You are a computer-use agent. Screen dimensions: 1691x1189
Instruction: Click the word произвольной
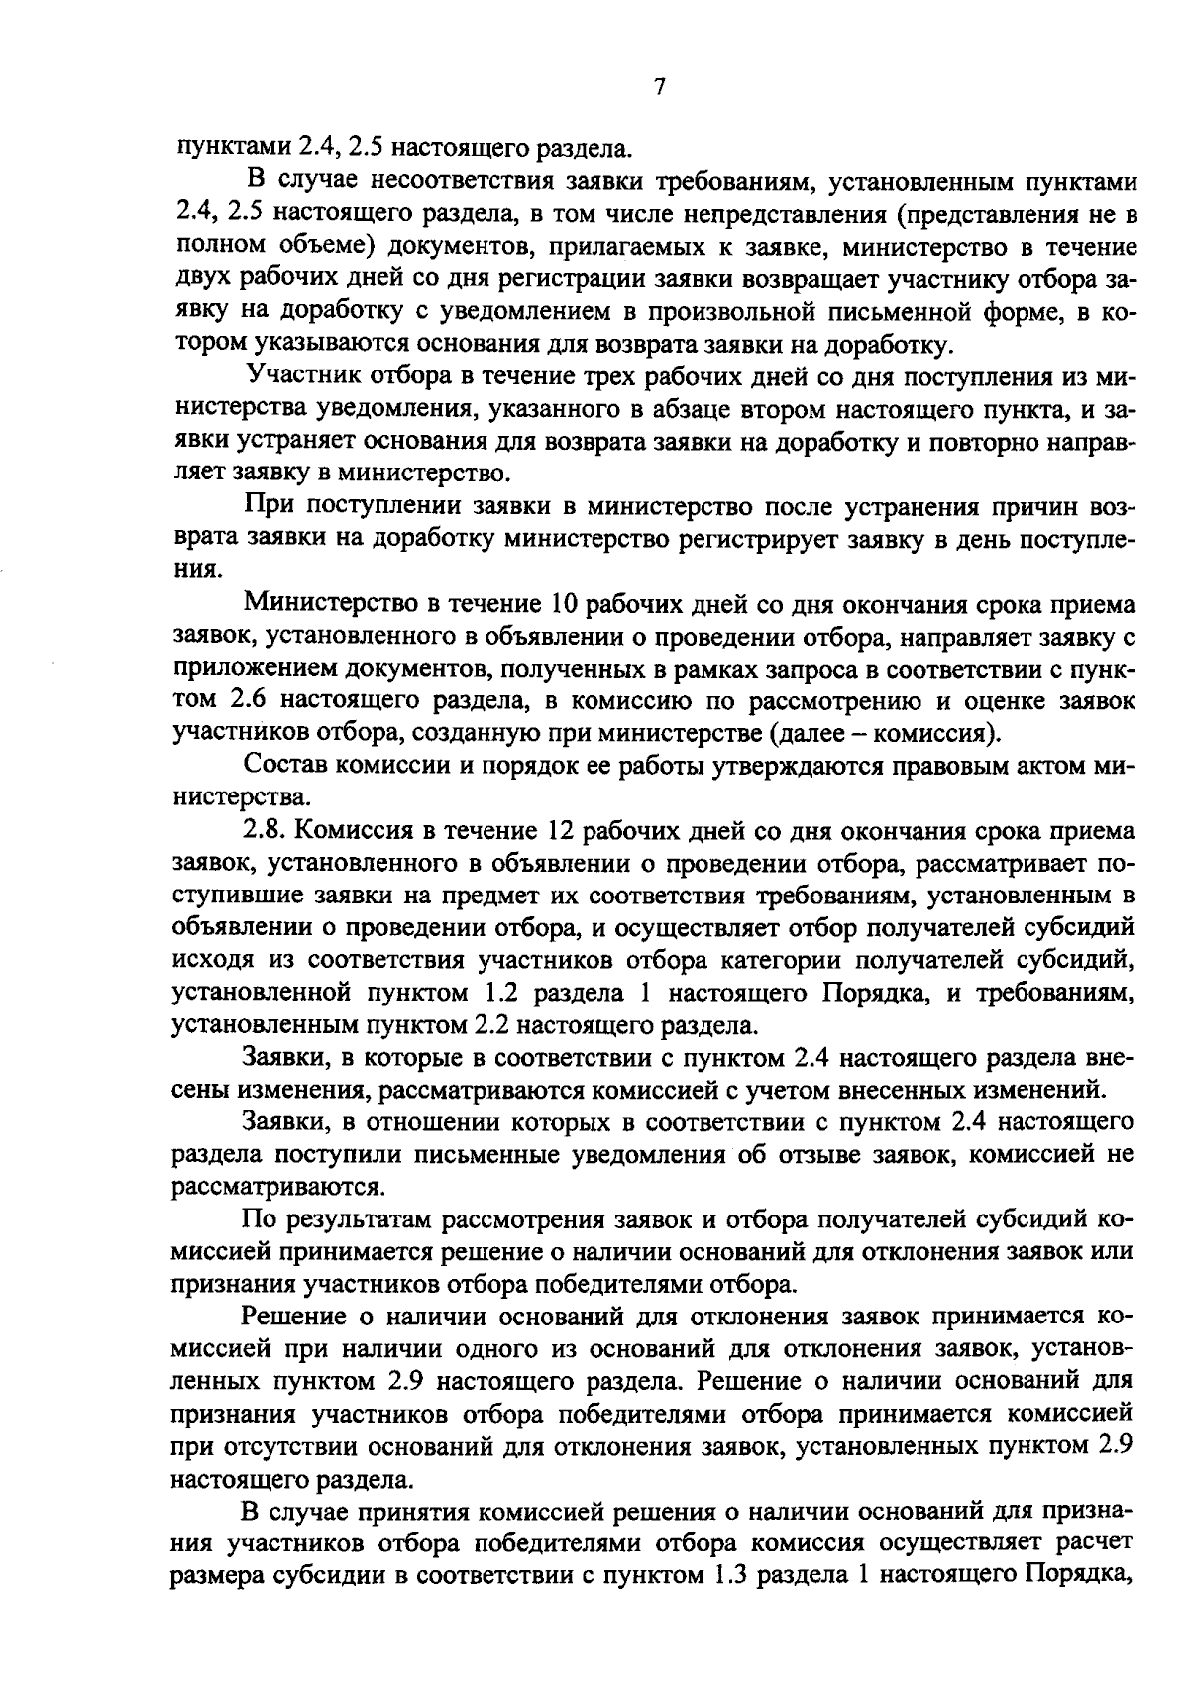(725, 313)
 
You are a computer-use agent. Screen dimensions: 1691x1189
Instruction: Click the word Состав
(285, 766)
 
